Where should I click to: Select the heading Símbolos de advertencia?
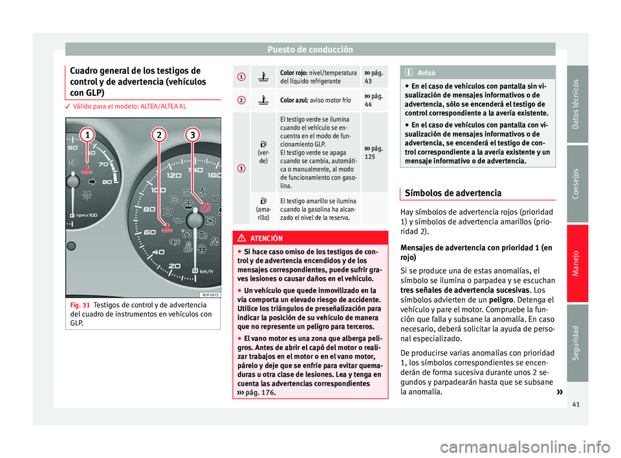[x=451, y=193]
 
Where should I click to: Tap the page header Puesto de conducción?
[x=310, y=49]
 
